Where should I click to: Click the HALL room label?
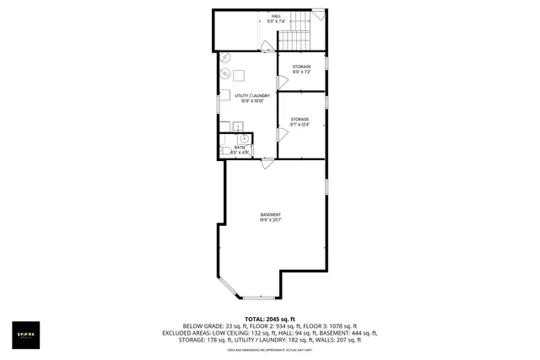pos(276,16)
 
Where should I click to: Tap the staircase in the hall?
pos(295,39)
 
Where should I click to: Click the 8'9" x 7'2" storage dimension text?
pos(301,73)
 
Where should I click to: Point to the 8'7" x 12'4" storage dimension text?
pos(301,126)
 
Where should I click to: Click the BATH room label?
pos(240,148)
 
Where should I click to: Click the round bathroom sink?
pos(242,137)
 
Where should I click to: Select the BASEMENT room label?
pos(270,215)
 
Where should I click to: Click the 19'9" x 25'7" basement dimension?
pos(270,221)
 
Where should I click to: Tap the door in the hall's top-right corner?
pos(317,14)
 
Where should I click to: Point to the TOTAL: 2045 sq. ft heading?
pos(270,319)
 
